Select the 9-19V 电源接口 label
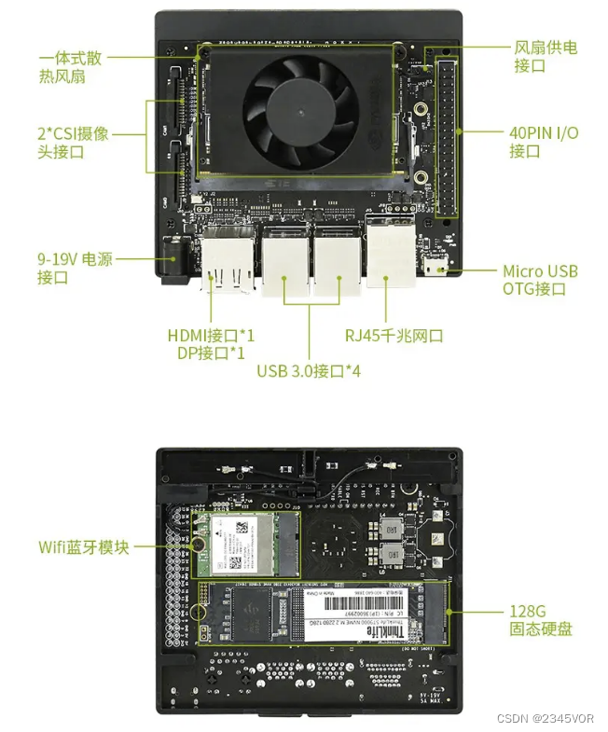[75, 268]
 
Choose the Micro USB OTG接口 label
[540, 280]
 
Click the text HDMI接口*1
[211, 335]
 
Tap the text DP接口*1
[211, 352]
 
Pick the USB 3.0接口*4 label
[309, 371]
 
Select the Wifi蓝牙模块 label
[83, 546]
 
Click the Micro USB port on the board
[432, 269]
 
